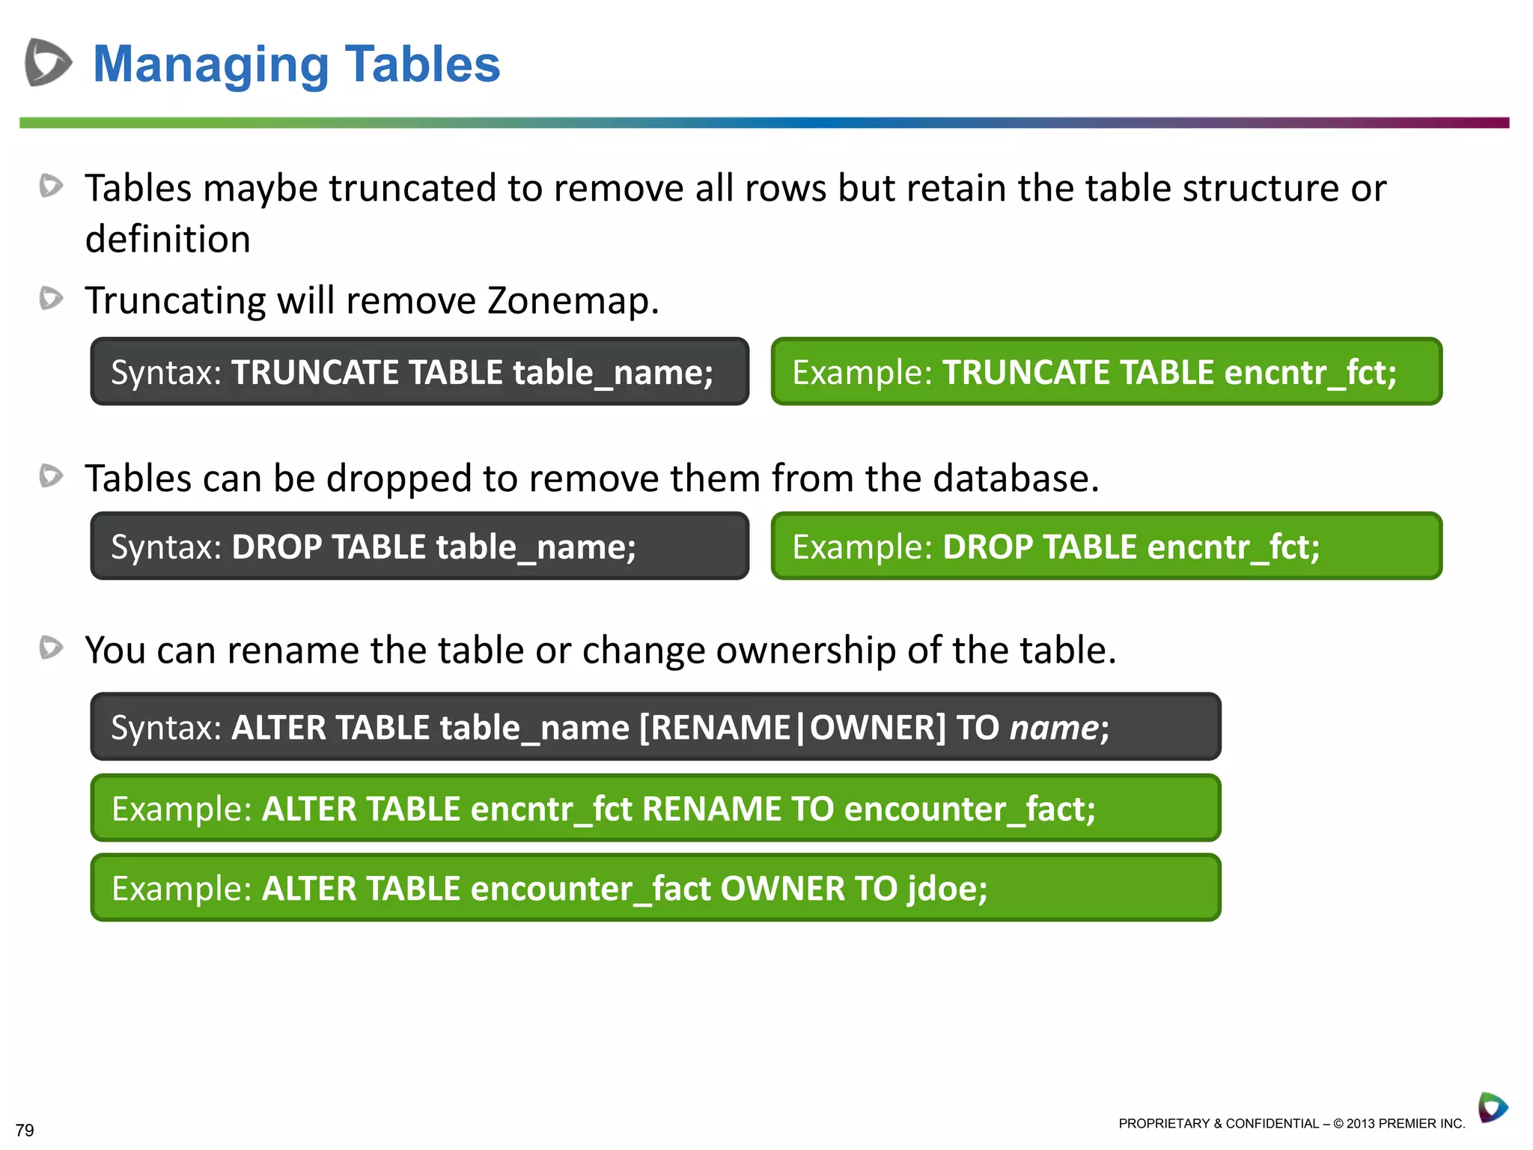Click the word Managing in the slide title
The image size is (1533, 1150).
coord(210,65)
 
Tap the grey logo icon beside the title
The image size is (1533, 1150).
coord(48,62)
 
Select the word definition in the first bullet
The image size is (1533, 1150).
coord(168,240)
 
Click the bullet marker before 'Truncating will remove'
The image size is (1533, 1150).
coord(51,298)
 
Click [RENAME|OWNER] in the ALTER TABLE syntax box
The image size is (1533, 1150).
coord(793,728)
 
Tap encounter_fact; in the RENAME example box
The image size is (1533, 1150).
coord(969,809)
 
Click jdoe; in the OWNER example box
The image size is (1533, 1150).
coord(947,889)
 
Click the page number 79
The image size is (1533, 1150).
coord(25,1130)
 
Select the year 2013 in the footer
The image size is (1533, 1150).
coord(1361,1124)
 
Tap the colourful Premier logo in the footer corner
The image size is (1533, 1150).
coord(1493,1107)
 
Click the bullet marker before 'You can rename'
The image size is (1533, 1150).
coord(51,647)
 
